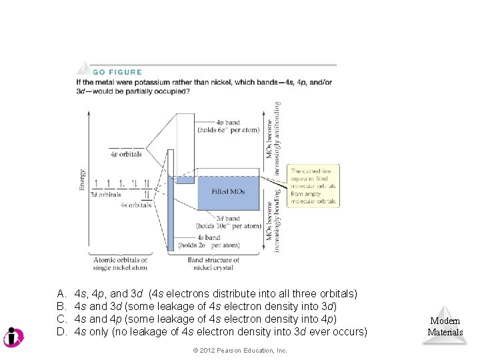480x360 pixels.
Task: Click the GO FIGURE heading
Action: pos(117,72)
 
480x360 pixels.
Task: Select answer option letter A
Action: pos(61,293)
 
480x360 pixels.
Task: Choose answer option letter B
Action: pos(61,306)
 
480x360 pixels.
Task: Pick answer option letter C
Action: pos(61,319)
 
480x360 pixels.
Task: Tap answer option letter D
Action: pos(61,331)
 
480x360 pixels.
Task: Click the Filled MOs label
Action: pos(228,192)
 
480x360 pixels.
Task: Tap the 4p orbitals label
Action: pos(126,154)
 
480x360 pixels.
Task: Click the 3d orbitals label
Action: pos(105,195)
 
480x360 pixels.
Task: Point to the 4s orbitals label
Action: pos(136,205)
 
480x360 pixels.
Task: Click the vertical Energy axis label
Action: pos(83,180)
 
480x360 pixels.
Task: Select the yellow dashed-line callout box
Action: pos(313,186)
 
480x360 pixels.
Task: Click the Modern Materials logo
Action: pos(445,325)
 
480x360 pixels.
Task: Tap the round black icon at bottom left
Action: pos(13,337)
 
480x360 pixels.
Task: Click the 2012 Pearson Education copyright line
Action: pos(239,351)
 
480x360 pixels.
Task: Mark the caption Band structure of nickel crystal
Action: pos(213,263)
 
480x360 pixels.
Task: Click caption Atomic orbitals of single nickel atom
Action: pos(120,263)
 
